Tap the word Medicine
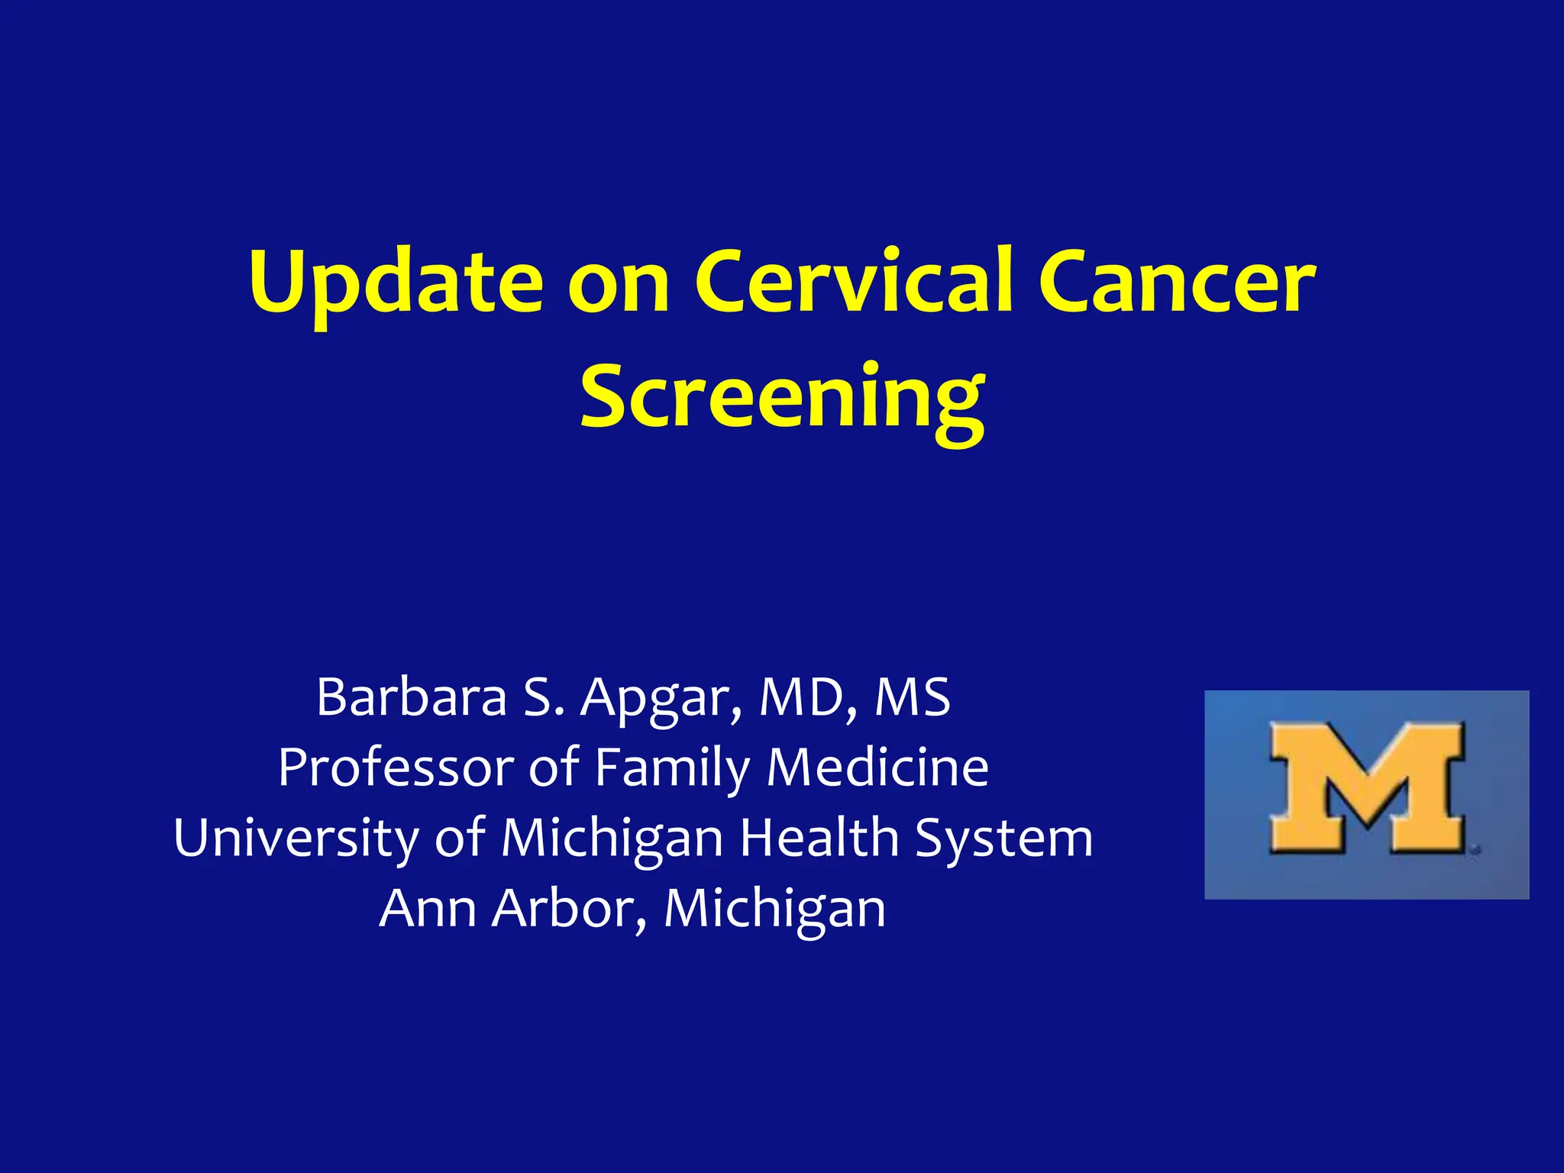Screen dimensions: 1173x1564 877,767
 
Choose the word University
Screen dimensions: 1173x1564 296,839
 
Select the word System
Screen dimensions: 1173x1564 1004,839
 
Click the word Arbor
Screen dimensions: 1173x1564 568,908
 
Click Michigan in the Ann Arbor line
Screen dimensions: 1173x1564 774,910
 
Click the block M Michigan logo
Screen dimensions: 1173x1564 1366,794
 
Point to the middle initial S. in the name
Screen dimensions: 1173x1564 543,698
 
